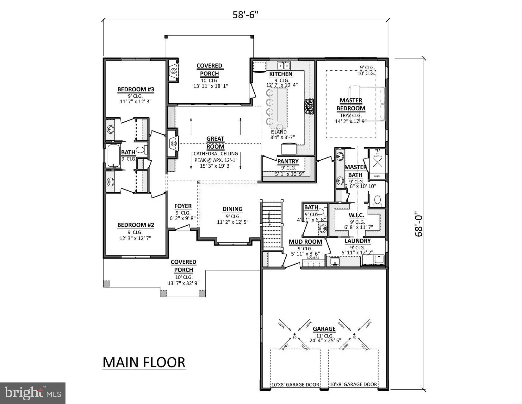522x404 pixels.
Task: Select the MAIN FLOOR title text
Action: (x=144, y=362)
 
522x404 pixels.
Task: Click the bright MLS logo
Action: (x=33, y=393)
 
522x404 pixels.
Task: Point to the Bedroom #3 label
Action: (x=135, y=89)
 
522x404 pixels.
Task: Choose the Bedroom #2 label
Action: (x=135, y=225)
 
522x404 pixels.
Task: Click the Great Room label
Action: (x=215, y=143)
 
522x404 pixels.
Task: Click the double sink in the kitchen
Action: (x=284, y=66)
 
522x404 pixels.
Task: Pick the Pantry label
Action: (x=288, y=161)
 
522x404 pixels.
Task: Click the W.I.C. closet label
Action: (x=357, y=215)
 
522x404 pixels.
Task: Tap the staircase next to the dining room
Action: (x=272, y=223)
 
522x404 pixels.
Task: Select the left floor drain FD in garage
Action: (x=295, y=335)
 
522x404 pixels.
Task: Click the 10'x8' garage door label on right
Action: (x=353, y=384)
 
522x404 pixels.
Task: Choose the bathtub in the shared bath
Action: (x=113, y=156)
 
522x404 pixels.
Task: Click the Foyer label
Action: (x=183, y=206)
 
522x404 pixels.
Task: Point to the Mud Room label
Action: (x=305, y=242)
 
